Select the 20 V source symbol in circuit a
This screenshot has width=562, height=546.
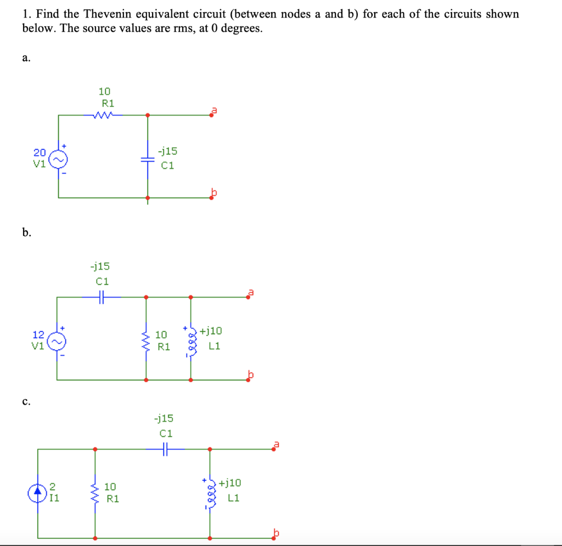coord(59,158)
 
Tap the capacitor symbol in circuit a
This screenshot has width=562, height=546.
coord(147,158)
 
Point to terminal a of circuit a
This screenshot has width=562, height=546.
coord(212,115)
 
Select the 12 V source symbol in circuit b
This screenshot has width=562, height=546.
coord(59,340)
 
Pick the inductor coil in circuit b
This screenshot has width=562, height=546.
coord(191,340)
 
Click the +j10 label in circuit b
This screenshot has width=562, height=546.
coord(211,331)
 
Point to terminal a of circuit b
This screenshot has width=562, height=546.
coord(249,297)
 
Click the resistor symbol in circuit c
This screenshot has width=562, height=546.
coord(95,493)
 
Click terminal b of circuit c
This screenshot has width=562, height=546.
coord(274,537)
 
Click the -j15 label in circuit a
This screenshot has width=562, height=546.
coord(167,151)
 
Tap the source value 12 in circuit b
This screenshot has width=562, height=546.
coord(38,334)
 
